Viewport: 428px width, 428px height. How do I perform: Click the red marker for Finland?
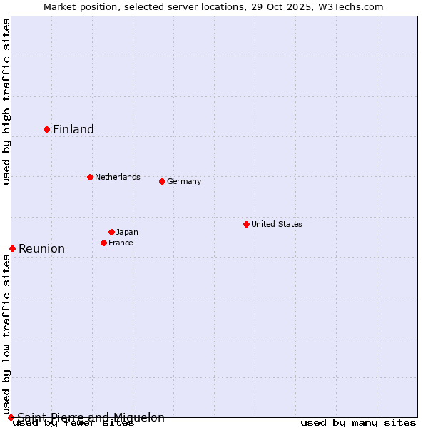pos(47,129)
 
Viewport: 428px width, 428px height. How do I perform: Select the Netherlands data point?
pos(90,177)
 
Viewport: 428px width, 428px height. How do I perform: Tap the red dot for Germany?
pos(162,181)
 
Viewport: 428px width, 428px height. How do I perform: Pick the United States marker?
pos(246,224)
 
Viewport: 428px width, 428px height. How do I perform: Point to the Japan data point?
pos(111,232)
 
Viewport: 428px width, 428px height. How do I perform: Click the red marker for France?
pos(103,243)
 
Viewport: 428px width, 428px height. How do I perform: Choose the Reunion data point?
pos(12,248)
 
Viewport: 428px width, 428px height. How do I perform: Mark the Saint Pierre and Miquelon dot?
pos(11,417)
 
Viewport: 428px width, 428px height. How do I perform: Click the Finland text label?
pos(73,129)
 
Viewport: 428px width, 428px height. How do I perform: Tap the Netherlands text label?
pos(118,177)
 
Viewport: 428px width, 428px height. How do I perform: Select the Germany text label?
pos(184,181)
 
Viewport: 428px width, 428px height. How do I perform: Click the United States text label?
pos(277,224)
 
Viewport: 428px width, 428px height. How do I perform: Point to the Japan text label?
pos(127,232)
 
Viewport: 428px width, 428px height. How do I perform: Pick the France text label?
pos(121,243)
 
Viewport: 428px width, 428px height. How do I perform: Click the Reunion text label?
pos(41,248)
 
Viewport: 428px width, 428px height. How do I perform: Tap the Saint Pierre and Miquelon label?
pos(91,417)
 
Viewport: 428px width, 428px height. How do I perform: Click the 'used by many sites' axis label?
pos(358,422)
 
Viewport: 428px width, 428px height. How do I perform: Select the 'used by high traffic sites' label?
pos(6,101)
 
